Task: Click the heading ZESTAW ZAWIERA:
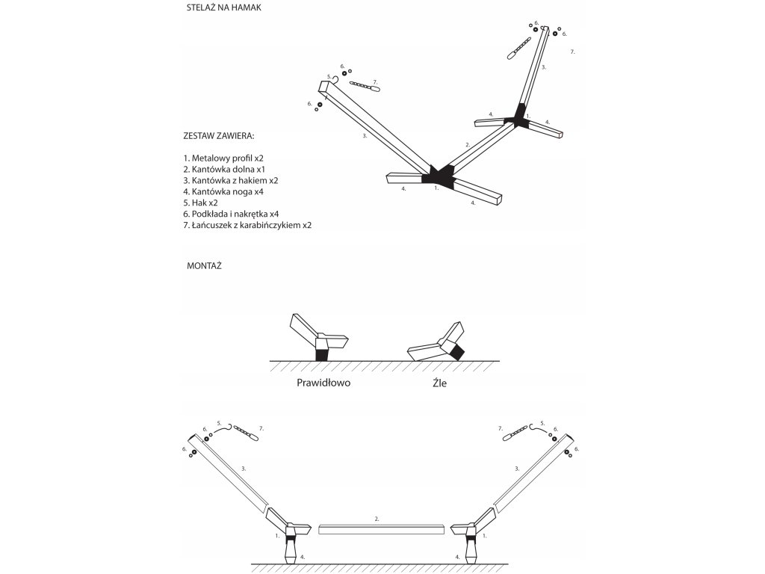click(x=218, y=137)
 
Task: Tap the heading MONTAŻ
click(x=203, y=265)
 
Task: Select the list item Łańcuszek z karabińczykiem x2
click(x=247, y=225)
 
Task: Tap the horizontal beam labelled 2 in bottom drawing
click(x=381, y=529)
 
